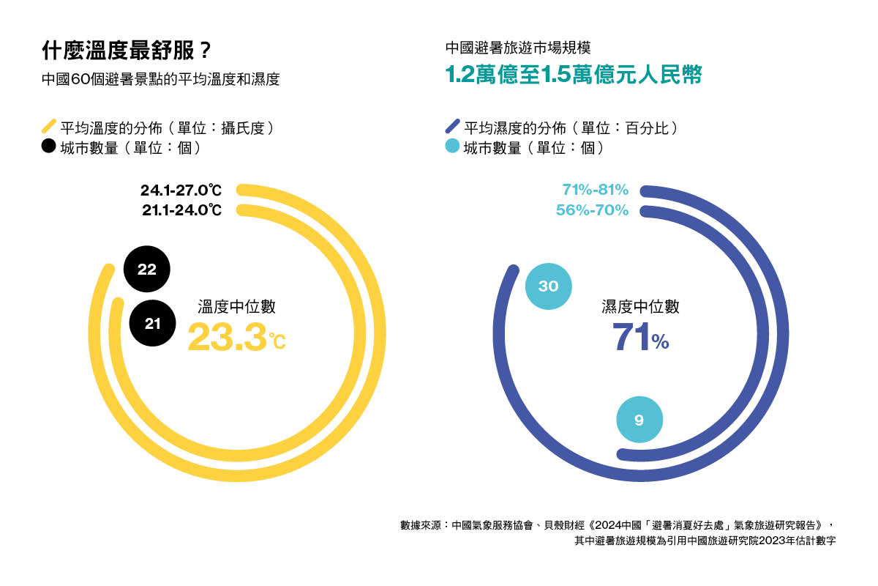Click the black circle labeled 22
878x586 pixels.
click(x=147, y=270)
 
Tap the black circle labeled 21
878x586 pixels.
click(x=152, y=323)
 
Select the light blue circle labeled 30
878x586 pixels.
click(x=549, y=286)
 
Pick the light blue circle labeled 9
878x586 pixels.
click(x=639, y=420)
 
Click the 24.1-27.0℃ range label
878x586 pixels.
click(x=181, y=190)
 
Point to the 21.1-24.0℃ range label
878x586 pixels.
click(x=182, y=210)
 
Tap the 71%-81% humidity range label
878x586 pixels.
click(x=595, y=190)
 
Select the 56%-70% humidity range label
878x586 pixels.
click(x=591, y=210)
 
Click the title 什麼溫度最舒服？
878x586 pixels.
click(x=127, y=52)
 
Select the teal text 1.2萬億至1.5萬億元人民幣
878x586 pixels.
click(x=574, y=75)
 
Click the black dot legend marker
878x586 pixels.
click(x=48, y=146)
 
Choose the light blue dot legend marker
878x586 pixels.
click(x=452, y=146)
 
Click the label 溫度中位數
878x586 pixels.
click(x=236, y=307)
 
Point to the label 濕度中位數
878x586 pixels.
click(x=640, y=307)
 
